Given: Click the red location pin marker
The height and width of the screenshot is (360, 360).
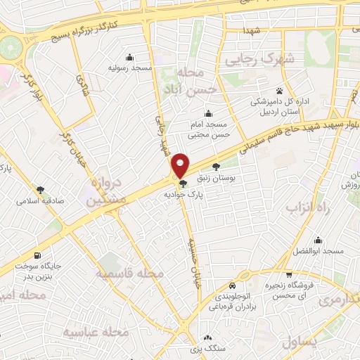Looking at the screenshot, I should pyautogui.click(x=181, y=165).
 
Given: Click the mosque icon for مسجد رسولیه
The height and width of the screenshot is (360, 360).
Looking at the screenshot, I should pyautogui.click(x=128, y=58).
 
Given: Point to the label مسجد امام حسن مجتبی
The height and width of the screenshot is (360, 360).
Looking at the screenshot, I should pyautogui.click(x=207, y=128).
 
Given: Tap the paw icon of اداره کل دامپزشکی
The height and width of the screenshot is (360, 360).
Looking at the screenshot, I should pyautogui.click(x=280, y=91).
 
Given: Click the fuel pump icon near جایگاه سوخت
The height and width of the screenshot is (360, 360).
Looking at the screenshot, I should pyautogui.click(x=37, y=255).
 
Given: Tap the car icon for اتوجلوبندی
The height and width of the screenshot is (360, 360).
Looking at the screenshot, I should pyautogui.click(x=232, y=287).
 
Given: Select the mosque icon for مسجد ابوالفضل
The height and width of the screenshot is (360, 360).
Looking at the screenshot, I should pyautogui.click(x=319, y=240).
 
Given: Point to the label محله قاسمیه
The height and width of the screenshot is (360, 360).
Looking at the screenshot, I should pyautogui.click(x=121, y=273).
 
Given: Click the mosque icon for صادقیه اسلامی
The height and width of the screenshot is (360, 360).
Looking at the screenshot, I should pyautogui.click(x=41, y=188).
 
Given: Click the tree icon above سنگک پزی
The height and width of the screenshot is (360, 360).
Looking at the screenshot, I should pyautogui.click(x=208, y=336).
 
